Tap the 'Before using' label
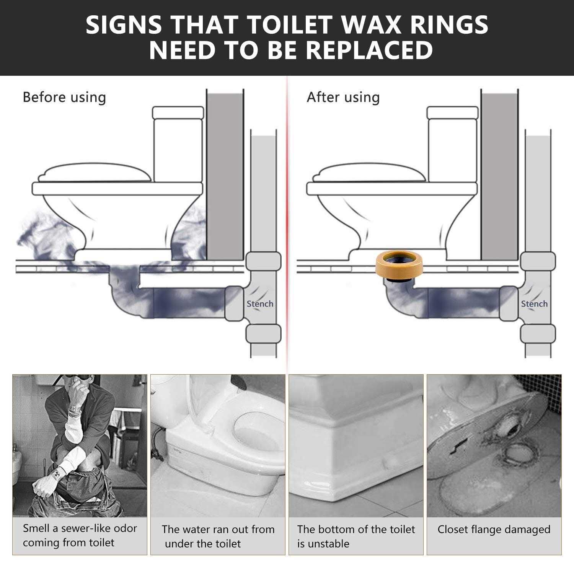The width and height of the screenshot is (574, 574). [x=64, y=97]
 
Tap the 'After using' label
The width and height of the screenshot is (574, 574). [x=343, y=97]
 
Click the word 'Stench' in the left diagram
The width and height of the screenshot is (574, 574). [x=260, y=304]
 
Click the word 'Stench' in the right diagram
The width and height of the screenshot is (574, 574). [x=534, y=304]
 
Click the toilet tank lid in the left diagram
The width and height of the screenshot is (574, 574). [x=178, y=113]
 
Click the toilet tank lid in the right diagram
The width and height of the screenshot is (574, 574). [x=452, y=113]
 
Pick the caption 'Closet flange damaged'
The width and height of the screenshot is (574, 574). [x=494, y=530]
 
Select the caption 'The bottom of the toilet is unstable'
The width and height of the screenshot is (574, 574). [x=356, y=536]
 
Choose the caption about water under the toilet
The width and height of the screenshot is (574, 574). [x=218, y=536]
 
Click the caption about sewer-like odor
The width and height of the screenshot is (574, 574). [x=80, y=535]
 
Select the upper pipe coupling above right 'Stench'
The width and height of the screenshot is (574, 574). [x=538, y=261]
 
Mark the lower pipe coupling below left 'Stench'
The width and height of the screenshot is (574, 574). [x=263, y=334]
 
